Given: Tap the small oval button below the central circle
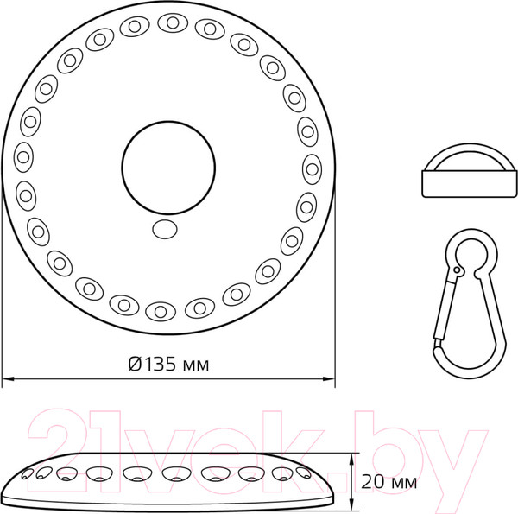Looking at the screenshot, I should click(163, 229).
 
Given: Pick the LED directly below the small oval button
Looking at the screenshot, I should click(161, 310).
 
